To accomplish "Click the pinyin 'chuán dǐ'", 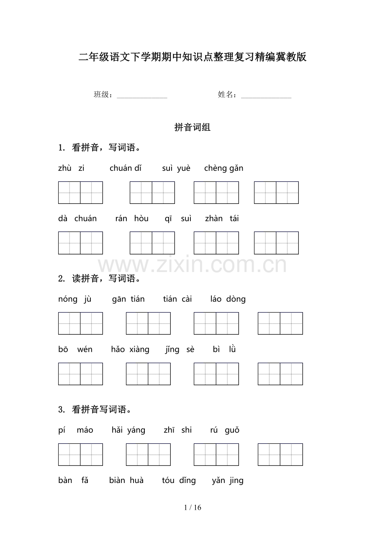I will pos(126,168).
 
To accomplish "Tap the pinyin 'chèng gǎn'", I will pos(223,168).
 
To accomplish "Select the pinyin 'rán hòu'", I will pos(131,219).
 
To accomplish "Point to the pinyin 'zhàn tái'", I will pos(222,219).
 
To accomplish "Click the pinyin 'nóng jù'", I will pos(75,299).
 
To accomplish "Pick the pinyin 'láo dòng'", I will pos(228,299).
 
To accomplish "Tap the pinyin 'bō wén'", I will pos(75,349).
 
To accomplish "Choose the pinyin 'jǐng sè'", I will pos(180,349).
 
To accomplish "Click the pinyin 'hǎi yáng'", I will pos(128,430).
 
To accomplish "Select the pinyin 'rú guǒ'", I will pos(225,430).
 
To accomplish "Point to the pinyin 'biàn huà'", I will pos(126,480).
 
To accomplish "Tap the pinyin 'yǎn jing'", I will pos(228,480).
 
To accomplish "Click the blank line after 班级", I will pos(142,96).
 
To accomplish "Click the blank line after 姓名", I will pos(266,96).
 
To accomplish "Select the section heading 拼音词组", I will pos(192,128).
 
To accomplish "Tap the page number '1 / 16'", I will pos(192,508).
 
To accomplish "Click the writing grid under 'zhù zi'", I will pos(80,193).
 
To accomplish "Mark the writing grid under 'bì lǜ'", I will pos(280,374).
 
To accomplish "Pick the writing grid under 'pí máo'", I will pos(80,455).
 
